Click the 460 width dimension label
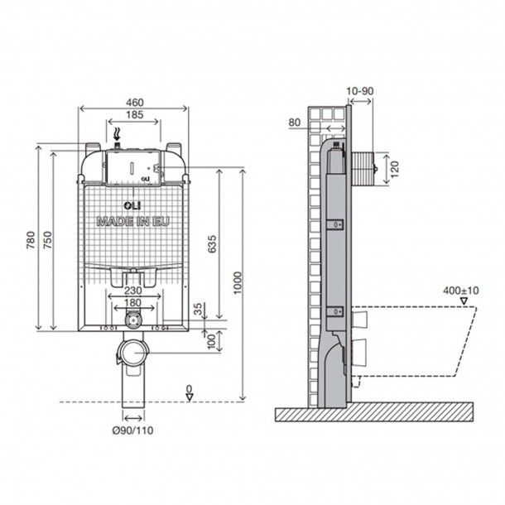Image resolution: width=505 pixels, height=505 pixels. coord(135,103)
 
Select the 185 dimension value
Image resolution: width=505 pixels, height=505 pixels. coord(134,114)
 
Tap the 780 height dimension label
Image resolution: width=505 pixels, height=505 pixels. coord(31,240)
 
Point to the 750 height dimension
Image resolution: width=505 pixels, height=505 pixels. coord(48,240)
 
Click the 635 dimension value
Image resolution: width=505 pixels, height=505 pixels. coord(212,244)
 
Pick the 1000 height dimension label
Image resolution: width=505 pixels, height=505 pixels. coord(238,283)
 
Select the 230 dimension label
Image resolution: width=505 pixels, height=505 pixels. coord(133,291)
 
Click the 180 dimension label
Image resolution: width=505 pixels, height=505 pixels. coord(132,303)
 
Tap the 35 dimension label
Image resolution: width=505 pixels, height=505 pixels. coord(199,309)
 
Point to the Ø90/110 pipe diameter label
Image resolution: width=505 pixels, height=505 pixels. coord(132,430)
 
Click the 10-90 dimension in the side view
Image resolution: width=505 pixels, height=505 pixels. coord(360,91)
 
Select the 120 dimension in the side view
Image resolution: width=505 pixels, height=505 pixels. coord(395,169)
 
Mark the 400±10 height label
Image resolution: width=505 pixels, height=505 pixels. coord(461,291)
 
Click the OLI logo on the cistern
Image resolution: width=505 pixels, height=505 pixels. coord(132,205)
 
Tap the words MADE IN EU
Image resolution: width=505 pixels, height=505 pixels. coord(132,222)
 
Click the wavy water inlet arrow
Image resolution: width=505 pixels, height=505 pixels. coord(118,134)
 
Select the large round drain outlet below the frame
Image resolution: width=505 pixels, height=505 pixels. coord(132,352)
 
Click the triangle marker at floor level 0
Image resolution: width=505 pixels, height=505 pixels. coord(190,397)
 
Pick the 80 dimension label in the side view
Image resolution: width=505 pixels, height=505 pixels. coord(295,123)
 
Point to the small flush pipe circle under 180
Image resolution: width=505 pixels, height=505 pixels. coord(132,320)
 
